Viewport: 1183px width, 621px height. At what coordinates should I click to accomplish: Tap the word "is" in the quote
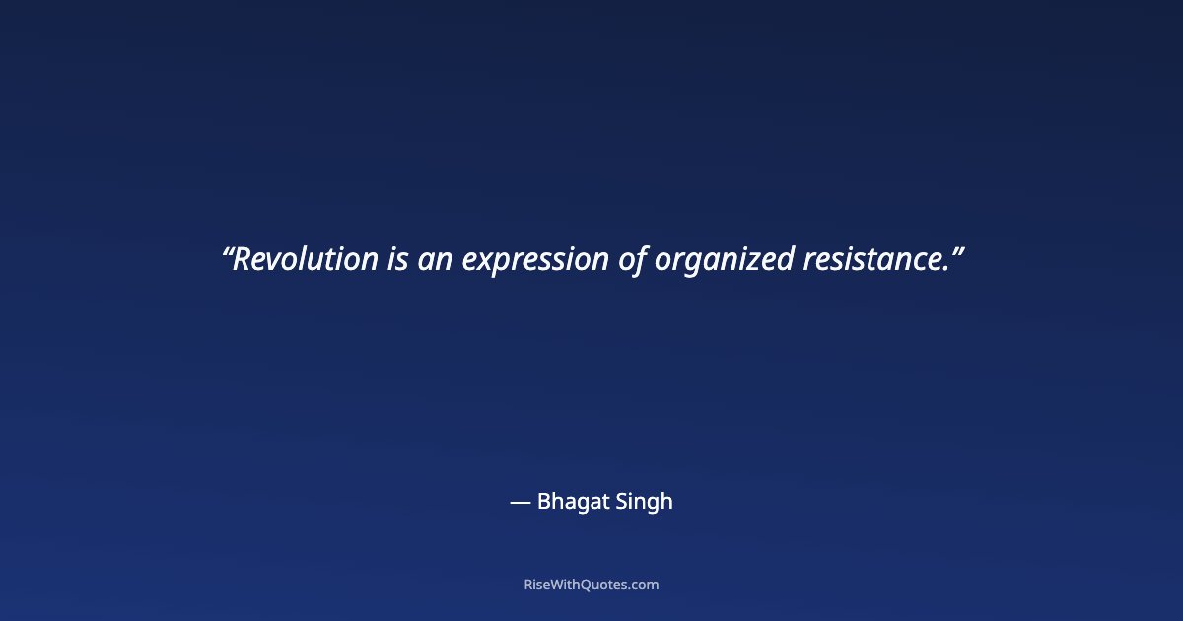[x=396, y=260]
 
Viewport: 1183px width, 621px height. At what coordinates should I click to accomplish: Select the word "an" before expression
[x=435, y=260]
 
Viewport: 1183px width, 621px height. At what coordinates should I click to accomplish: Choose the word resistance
[x=871, y=260]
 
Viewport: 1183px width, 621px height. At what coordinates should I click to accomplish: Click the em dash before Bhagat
[x=520, y=502]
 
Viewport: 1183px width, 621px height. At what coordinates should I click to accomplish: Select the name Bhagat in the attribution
[x=569, y=502]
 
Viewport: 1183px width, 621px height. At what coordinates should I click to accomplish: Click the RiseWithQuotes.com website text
[x=591, y=585]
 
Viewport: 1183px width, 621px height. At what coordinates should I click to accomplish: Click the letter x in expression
[x=484, y=262]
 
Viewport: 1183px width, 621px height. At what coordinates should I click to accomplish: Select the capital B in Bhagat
[x=543, y=501]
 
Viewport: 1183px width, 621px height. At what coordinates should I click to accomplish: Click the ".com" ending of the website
[x=643, y=585]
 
